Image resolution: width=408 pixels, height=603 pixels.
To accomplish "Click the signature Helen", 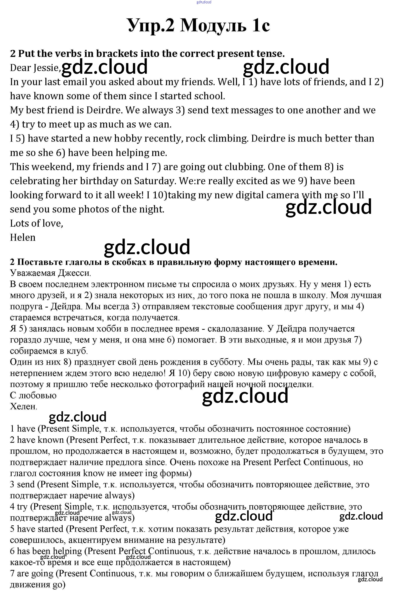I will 23,238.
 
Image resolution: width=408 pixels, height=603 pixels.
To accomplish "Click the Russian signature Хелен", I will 23,406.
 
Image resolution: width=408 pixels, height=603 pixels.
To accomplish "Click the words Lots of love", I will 36,223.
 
